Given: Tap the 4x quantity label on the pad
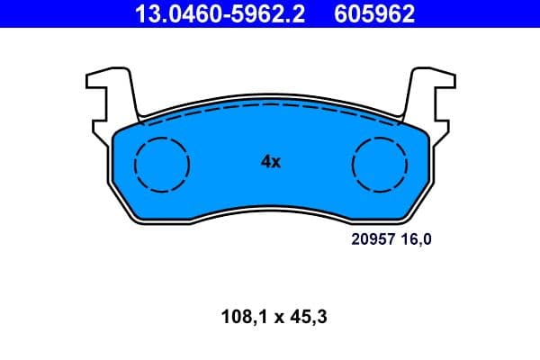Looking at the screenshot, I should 270,162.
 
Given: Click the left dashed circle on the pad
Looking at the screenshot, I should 161,164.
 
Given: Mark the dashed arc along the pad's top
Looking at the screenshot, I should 270,105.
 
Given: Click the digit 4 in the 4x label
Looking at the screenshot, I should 265,162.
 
